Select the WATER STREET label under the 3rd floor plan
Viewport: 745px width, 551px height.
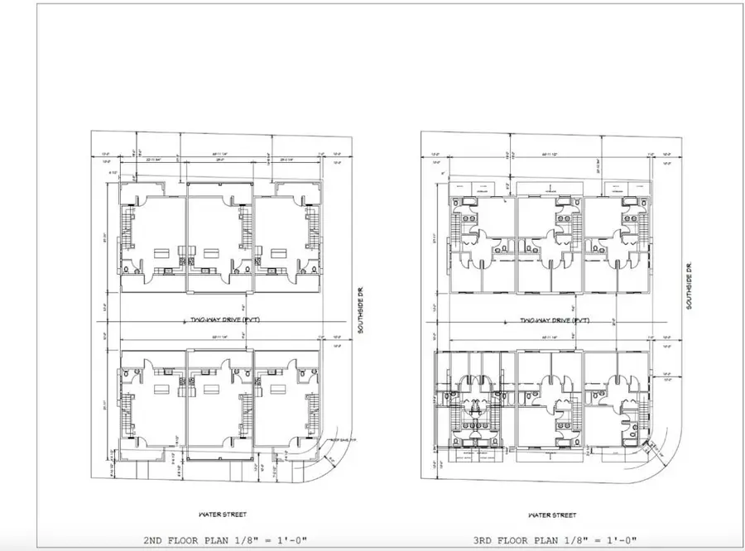tap(551, 514)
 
